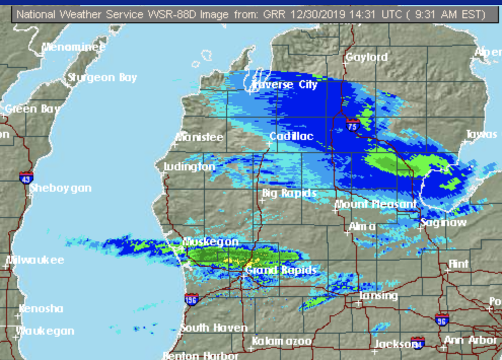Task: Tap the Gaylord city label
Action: (x=367, y=57)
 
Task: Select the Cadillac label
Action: (x=291, y=136)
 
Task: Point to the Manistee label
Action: (x=199, y=137)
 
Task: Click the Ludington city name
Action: (x=190, y=167)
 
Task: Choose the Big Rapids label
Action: (x=289, y=193)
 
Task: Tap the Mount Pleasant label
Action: (x=376, y=204)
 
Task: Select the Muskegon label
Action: (x=210, y=242)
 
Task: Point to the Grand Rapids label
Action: (x=281, y=270)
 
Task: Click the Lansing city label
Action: (x=379, y=296)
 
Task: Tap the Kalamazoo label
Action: (x=281, y=341)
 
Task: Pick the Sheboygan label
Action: (x=60, y=188)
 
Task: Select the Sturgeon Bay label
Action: (x=102, y=78)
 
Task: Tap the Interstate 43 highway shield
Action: (x=26, y=178)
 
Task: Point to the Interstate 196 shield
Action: (x=191, y=299)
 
